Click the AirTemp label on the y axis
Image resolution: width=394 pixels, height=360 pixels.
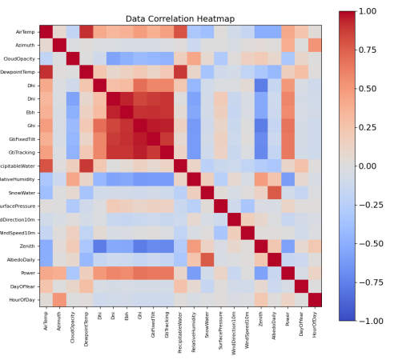click(24, 32)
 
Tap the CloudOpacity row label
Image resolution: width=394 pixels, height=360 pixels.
click(19, 59)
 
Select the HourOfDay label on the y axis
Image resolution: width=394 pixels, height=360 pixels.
click(21, 299)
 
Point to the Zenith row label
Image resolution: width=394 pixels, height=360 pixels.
click(26, 246)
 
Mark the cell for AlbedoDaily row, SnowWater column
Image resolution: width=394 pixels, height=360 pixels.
click(207, 259)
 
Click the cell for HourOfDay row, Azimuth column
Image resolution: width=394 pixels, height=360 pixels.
click(60, 299)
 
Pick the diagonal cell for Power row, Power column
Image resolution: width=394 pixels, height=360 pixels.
click(288, 273)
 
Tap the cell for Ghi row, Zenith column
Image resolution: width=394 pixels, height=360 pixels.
click(261, 126)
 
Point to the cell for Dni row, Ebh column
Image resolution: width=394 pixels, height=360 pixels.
click(127, 99)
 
